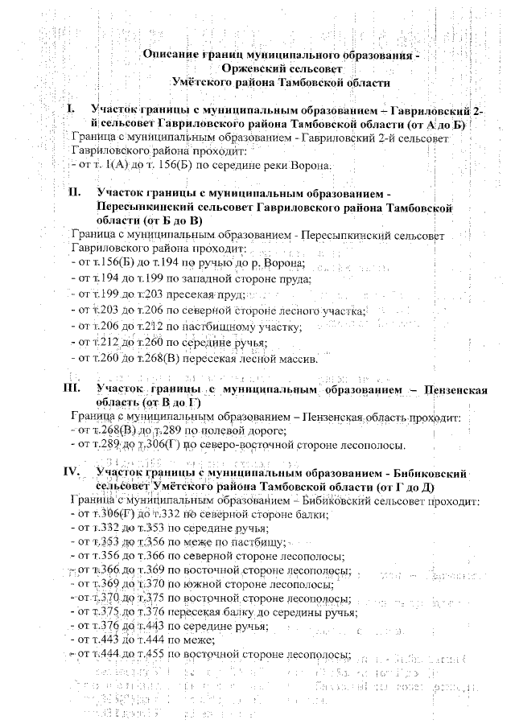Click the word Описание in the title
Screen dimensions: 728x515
170,56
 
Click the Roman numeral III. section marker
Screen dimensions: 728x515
73,390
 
